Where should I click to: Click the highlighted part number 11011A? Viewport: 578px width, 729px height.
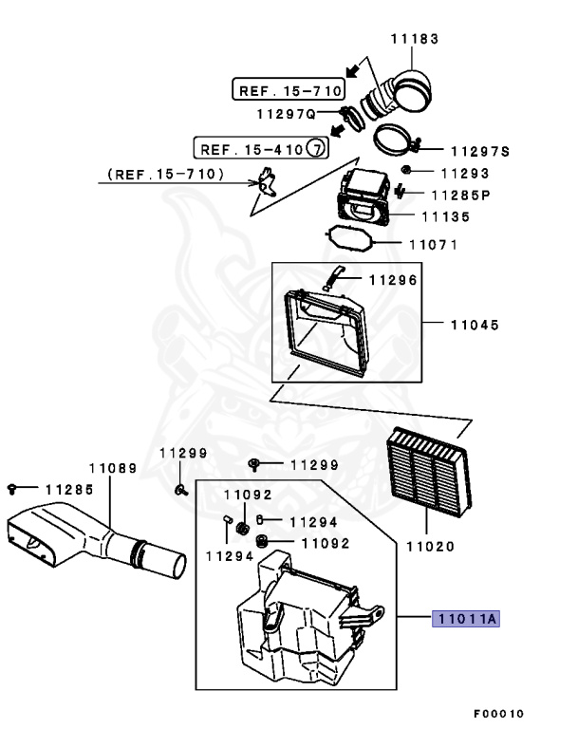pyautogui.click(x=465, y=619)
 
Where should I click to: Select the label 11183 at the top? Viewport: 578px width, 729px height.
pyautogui.click(x=414, y=39)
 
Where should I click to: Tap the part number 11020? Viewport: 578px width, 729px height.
pyautogui.click(x=430, y=546)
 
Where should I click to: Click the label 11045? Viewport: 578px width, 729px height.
pyautogui.click(x=474, y=324)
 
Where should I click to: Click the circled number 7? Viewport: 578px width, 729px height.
pyautogui.click(x=318, y=148)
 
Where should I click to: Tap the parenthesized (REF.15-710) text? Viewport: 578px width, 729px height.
pyautogui.click(x=166, y=175)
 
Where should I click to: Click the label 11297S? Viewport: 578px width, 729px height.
pyautogui.click(x=480, y=151)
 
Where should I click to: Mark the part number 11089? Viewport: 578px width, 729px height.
pyautogui.click(x=113, y=468)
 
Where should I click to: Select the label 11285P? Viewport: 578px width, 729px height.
pyautogui.click(x=460, y=196)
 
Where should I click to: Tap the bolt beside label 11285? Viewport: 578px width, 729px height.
pyautogui.click(x=12, y=488)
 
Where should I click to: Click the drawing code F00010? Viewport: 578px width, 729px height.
pyautogui.click(x=498, y=713)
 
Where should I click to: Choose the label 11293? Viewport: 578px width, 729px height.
pyautogui.click(x=464, y=174)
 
